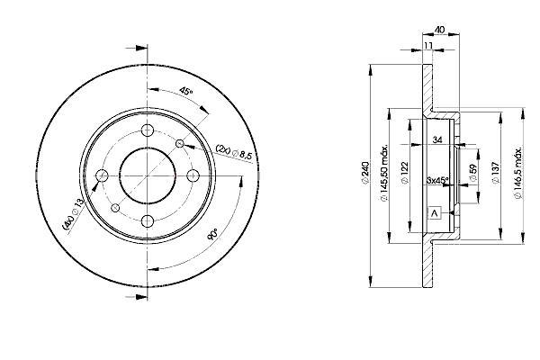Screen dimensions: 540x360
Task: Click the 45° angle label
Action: [186, 92]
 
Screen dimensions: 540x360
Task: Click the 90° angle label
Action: [212, 234]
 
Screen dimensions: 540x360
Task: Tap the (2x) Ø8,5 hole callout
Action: [234, 152]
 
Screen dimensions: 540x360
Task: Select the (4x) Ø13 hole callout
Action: [73, 213]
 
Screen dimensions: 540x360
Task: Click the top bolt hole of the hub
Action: [148, 130]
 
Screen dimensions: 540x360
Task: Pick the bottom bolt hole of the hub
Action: [148, 221]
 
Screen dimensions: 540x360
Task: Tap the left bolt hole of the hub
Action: [102, 175]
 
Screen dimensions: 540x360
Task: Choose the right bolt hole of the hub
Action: [193, 175]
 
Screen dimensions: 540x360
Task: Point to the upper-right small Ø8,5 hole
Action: [180, 143]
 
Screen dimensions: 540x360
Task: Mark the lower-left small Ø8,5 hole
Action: [115, 208]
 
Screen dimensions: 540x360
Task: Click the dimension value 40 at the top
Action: [440, 30]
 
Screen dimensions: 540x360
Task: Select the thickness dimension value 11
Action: [428, 46]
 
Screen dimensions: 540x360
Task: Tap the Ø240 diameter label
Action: [365, 174]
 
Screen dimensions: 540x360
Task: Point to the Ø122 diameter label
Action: [405, 173]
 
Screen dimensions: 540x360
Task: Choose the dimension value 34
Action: [437, 139]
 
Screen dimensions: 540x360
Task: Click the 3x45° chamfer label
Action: [437, 180]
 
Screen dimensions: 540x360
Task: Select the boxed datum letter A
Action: [435, 213]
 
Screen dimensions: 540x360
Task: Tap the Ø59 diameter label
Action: [473, 172]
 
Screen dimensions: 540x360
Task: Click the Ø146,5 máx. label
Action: [518, 174]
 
